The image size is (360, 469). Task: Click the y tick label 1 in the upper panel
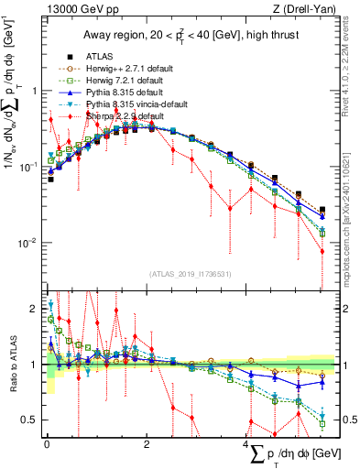click(x=34, y=91)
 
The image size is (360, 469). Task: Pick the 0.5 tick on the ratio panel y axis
click(x=30, y=420)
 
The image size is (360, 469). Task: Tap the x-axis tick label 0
click(x=47, y=444)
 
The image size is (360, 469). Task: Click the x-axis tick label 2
click(x=147, y=444)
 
